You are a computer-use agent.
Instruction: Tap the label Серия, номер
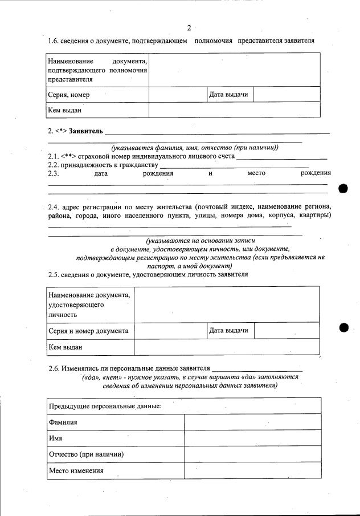(69, 95)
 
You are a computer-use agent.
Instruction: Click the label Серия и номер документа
(88, 331)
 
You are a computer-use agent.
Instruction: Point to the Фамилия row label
(63, 422)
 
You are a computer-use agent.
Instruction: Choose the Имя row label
(56, 438)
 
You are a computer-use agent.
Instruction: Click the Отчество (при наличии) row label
(87, 454)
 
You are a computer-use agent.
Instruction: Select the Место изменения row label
(76, 471)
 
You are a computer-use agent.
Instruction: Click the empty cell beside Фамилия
(252, 422)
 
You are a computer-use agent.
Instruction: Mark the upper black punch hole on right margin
(343, 189)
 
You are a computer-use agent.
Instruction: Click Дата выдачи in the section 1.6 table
(228, 94)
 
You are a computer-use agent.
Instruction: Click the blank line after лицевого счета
(281, 156)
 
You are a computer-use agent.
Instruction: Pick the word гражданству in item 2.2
(139, 165)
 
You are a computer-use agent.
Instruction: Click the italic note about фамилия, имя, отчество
(195, 148)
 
